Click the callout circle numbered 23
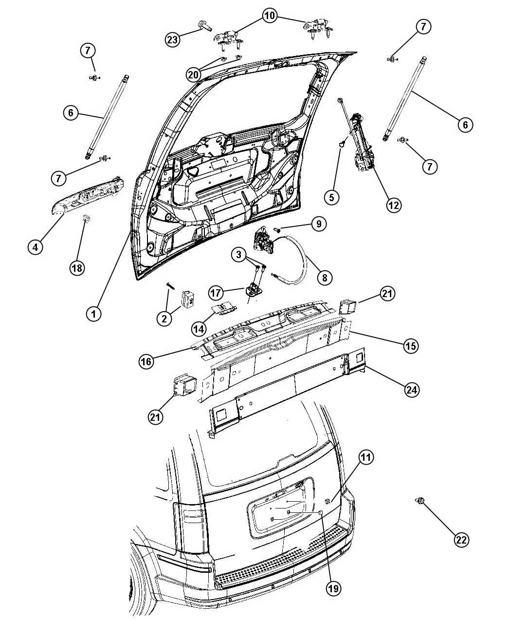[x=173, y=39]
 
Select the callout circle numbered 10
[x=270, y=15]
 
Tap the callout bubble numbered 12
[x=394, y=205]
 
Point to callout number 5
[x=332, y=197]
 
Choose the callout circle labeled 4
[x=36, y=246]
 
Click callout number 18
[x=77, y=268]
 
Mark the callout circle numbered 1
[x=93, y=314]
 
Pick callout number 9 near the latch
[x=319, y=224]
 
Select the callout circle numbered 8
[x=324, y=278]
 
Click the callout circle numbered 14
[x=199, y=329]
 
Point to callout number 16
[x=146, y=361]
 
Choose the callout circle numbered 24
[x=412, y=389]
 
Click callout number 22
[x=461, y=540]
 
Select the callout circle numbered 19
[x=333, y=588]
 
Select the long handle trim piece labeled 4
[x=86, y=196]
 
